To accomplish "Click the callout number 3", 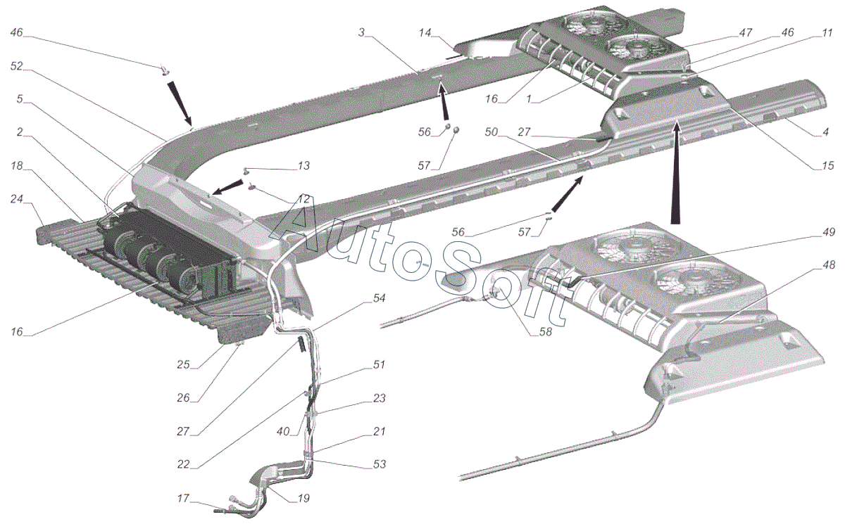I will pyautogui.click(x=361, y=32).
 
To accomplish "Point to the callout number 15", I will pyautogui.click(x=827, y=166).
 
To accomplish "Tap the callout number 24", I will pyautogui.click(x=17, y=200).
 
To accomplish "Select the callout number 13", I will pyautogui.click(x=303, y=166).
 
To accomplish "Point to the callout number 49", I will pyautogui.click(x=827, y=233).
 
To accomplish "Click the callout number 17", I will pyautogui.click(x=183, y=499).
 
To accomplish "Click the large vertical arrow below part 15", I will pyautogui.click(x=677, y=172).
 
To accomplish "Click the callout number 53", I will pyautogui.click(x=379, y=464).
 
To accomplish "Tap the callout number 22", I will pyautogui.click(x=183, y=464).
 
